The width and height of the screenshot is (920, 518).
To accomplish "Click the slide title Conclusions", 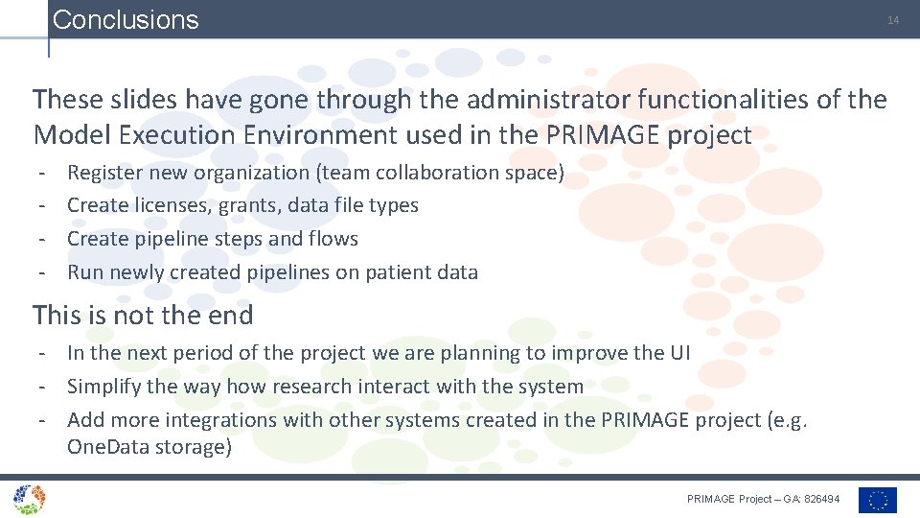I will (x=126, y=20).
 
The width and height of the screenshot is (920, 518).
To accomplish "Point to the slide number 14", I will (x=892, y=20).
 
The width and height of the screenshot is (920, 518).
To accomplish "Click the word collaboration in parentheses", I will (x=436, y=173).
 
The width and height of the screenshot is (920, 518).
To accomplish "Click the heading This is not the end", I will (x=143, y=315).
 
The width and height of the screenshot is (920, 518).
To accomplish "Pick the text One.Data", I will (x=108, y=448).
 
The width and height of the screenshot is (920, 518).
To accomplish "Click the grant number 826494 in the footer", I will (x=823, y=499).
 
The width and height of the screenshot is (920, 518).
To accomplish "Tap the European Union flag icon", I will (x=878, y=500).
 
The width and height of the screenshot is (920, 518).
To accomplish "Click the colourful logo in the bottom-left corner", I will (x=29, y=499).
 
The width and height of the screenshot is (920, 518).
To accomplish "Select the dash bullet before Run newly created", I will (x=42, y=272).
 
